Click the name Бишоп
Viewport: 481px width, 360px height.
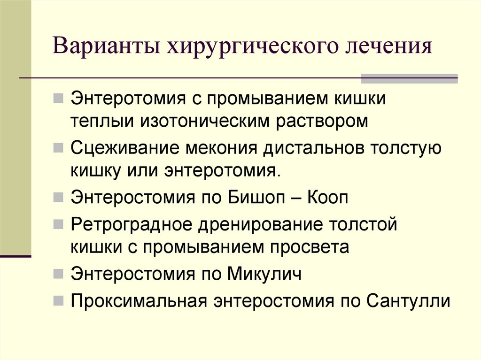click(x=263, y=197)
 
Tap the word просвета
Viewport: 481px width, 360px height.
click(x=314, y=247)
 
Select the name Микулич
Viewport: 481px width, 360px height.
click(x=264, y=274)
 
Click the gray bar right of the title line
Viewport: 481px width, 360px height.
click(x=409, y=78)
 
